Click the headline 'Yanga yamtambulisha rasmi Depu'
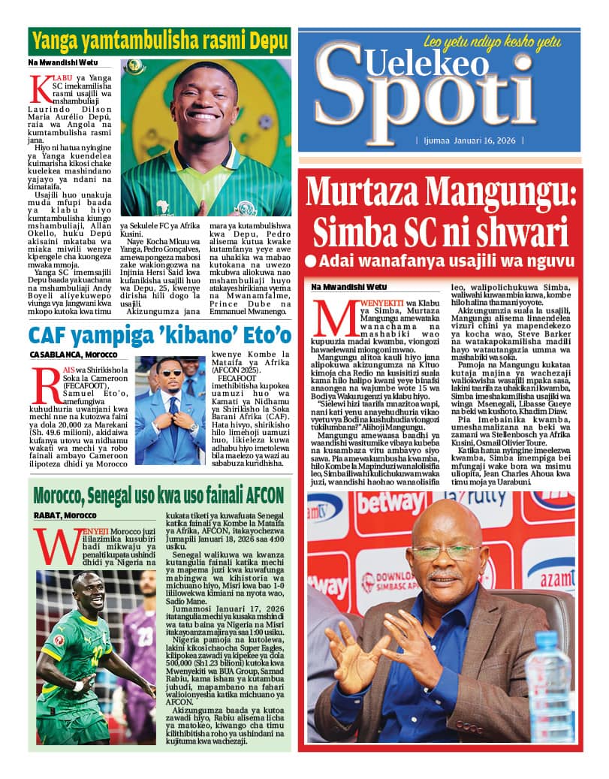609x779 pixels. pos(159,41)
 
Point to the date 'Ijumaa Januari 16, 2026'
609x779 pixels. pos(469,140)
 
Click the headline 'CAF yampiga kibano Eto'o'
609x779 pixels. pos(159,334)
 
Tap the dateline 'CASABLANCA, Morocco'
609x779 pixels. pos(74,354)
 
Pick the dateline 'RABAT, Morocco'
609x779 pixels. pos(65,515)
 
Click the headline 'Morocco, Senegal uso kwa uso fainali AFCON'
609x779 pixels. pos(159,495)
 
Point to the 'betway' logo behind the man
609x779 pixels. pos(390,503)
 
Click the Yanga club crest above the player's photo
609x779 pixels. pos(134,68)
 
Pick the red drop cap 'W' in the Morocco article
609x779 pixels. pos(56,545)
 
